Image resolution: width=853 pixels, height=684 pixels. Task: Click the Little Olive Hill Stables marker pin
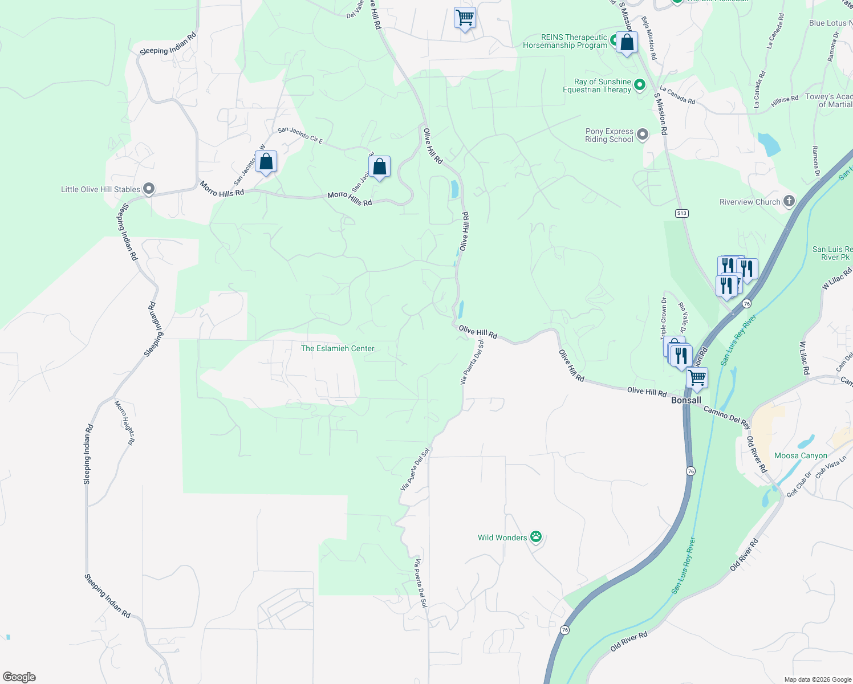pos(149,189)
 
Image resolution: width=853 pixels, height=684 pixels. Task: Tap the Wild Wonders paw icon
pos(535,537)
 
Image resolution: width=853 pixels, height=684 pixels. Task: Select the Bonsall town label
pos(686,400)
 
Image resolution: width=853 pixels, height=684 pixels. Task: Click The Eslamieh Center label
pos(338,348)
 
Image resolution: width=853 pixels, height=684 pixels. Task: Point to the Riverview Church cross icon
pos(789,201)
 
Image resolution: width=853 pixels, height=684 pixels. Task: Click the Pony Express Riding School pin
pos(643,135)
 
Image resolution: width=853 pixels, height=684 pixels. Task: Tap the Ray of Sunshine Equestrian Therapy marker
pos(639,85)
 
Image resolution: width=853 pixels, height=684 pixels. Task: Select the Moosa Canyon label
pos(801,455)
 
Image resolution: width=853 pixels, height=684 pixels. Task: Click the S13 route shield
pos(681,213)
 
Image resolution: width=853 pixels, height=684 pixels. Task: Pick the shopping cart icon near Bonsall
pos(697,378)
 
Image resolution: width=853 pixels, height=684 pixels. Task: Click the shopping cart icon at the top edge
pos(465,18)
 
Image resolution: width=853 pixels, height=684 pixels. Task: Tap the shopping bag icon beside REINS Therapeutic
pos(627,43)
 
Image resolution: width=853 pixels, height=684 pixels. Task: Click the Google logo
pos(19,677)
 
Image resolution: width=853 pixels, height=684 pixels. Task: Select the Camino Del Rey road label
pos(726,416)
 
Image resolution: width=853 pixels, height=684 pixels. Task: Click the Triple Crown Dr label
pos(664,317)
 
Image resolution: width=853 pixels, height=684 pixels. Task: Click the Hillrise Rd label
pos(785,100)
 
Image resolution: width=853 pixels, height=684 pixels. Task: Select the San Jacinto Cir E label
pos(300,135)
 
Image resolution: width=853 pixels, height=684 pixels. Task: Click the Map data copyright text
pos(817,679)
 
